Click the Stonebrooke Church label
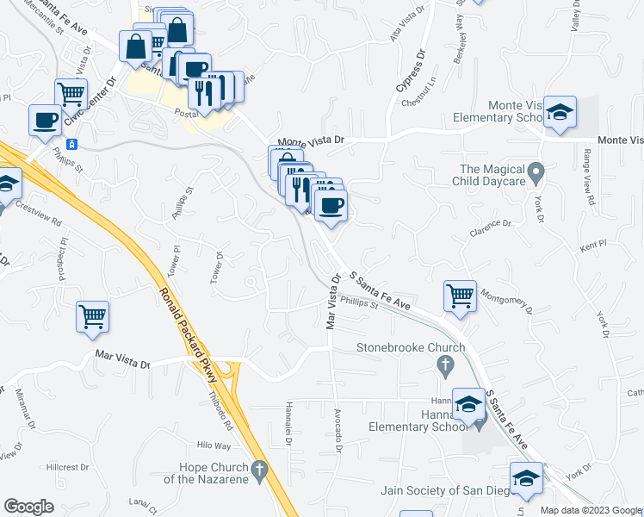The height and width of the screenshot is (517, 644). (412, 348)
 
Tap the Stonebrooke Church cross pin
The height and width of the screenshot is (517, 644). (445, 368)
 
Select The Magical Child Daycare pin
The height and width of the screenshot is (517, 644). (536, 175)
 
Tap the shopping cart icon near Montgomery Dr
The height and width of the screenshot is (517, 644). (461, 296)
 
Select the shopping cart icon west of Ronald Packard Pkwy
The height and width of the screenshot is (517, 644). (92, 315)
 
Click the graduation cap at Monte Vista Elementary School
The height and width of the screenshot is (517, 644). (560, 113)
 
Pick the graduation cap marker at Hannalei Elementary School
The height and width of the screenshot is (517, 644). (469, 403)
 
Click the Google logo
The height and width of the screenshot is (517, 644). (29, 507)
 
